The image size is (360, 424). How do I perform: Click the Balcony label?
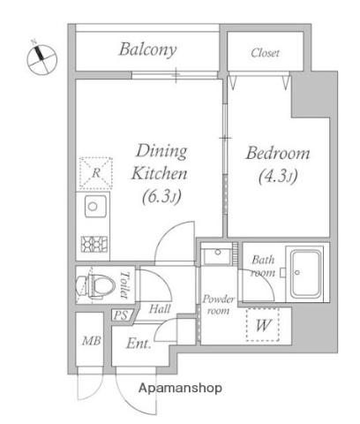click(x=148, y=49)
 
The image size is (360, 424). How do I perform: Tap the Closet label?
click(x=265, y=53)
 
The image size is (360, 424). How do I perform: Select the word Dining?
click(x=161, y=151)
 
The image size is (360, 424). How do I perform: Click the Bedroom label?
click(x=278, y=153)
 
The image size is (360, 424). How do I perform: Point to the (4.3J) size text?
click(x=278, y=176)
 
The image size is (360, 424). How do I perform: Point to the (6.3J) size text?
click(x=161, y=196)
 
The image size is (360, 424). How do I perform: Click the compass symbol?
click(x=41, y=59)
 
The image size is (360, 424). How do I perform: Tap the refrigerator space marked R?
click(x=96, y=173)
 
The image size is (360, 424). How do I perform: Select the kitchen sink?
click(x=95, y=206)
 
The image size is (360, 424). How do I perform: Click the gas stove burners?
click(x=94, y=244)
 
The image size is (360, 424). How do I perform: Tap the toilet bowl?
click(x=95, y=285)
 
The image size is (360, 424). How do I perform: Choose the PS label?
click(x=122, y=315)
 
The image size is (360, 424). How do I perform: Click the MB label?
click(x=92, y=341)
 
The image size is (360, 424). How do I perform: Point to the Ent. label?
click(x=139, y=344)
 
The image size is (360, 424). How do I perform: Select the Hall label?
click(x=160, y=309)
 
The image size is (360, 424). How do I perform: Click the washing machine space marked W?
click(x=263, y=325)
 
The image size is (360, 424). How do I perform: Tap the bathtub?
click(x=305, y=273)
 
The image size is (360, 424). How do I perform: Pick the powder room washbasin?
click(x=217, y=256)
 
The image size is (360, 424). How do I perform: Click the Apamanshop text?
click(x=180, y=388)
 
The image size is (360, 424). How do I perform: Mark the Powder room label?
click(x=218, y=305)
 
